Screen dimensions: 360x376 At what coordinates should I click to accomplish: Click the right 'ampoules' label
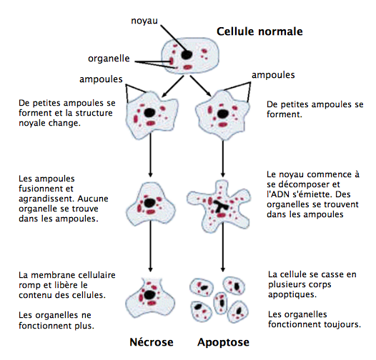coord(272,74)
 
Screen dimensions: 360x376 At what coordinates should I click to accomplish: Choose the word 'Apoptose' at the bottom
coord(224,342)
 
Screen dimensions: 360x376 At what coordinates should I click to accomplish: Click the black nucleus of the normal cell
coord(186,54)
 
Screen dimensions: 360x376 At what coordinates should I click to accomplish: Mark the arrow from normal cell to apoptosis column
coord(204,89)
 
